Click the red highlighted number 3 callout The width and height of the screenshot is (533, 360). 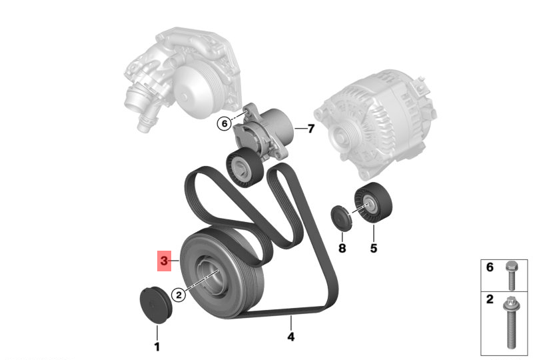point(164,261)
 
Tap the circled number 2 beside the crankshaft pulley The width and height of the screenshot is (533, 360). point(179,295)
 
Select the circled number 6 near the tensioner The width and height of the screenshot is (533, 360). point(224,123)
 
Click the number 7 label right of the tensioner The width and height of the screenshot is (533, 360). point(310,129)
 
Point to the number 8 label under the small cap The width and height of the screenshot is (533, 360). point(342,248)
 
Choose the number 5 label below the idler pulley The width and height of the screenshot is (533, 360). point(374,248)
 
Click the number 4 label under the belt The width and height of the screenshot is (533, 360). point(290,337)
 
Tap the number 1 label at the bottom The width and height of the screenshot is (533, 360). point(157,347)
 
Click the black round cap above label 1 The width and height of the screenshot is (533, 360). point(157,305)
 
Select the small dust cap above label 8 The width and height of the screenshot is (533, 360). point(342,218)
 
